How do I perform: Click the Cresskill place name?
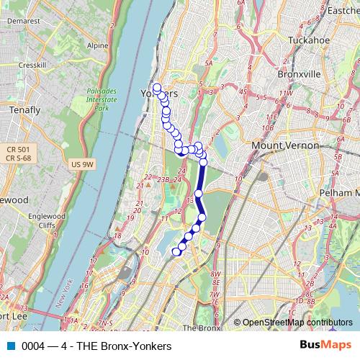32,65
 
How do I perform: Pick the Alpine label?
97,45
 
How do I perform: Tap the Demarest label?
24,22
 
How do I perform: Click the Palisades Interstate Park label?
101,99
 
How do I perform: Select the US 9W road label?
84,165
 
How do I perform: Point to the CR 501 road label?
15,149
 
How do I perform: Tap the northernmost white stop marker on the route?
157,88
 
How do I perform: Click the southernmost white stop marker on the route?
176,251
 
